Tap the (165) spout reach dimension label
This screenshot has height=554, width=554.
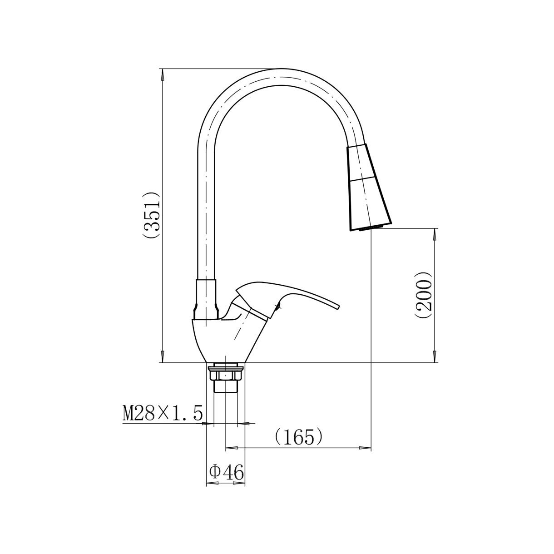coord(298,437)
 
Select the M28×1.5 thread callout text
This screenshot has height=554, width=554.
coord(163,413)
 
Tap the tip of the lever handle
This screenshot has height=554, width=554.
coord(339,307)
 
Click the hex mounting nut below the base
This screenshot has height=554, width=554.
coord(226,375)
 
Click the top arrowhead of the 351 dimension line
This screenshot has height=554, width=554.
coord(163,74)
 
